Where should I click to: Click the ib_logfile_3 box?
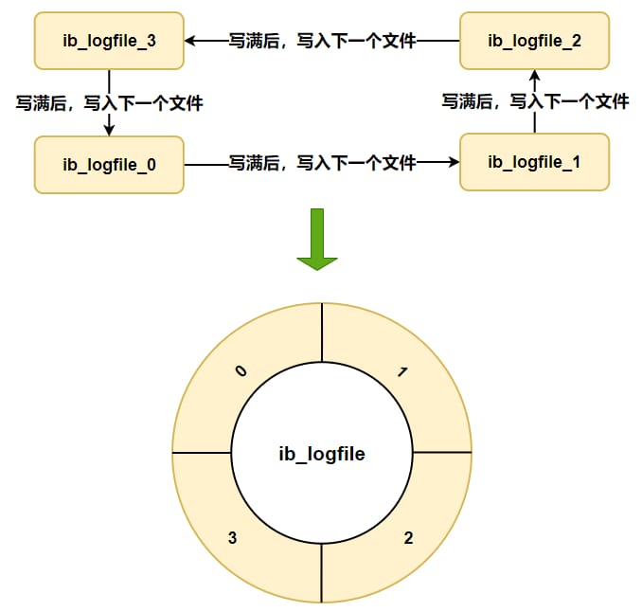(109, 41)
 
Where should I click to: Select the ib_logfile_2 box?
(534, 41)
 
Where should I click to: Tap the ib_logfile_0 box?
(109, 165)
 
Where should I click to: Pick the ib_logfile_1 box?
(534, 162)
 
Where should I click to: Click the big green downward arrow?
(317, 240)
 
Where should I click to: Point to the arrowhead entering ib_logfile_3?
(190, 41)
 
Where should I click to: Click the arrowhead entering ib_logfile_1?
(454, 162)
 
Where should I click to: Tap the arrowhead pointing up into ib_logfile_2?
(534, 76)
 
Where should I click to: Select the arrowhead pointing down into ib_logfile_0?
(109, 130)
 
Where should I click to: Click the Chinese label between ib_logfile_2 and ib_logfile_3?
(322, 41)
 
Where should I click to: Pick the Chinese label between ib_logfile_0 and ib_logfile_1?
(322, 162)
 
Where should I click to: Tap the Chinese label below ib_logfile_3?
(109, 103)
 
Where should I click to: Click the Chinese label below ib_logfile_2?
(535, 101)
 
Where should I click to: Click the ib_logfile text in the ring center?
(322, 455)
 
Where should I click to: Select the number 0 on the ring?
(241, 370)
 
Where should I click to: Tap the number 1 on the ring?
(402, 372)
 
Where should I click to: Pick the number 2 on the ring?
(408, 538)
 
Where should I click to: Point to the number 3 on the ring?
(232, 538)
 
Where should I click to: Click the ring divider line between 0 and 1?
(322, 333)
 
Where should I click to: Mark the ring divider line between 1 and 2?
(442, 452)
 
